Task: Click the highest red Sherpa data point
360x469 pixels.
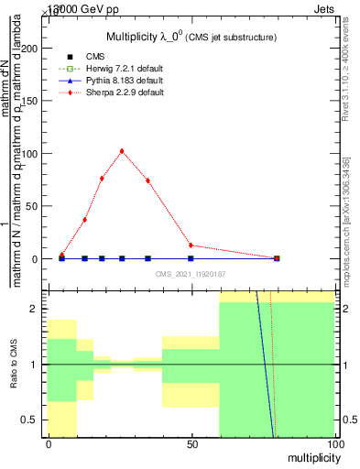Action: pyautogui.click(x=122, y=151)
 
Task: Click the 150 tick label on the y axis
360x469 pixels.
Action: pyautogui.click(x=34, y=101)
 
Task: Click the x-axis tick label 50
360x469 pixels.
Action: pyautogui.click(x=191, y=444)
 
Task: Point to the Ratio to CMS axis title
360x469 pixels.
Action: pyautogui.click(x=14, y=364)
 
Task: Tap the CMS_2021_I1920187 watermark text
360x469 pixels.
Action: pyautogui.click(x=191, y=274)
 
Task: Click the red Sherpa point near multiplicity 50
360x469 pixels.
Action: pyautogui.click(x=191, y=245)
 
